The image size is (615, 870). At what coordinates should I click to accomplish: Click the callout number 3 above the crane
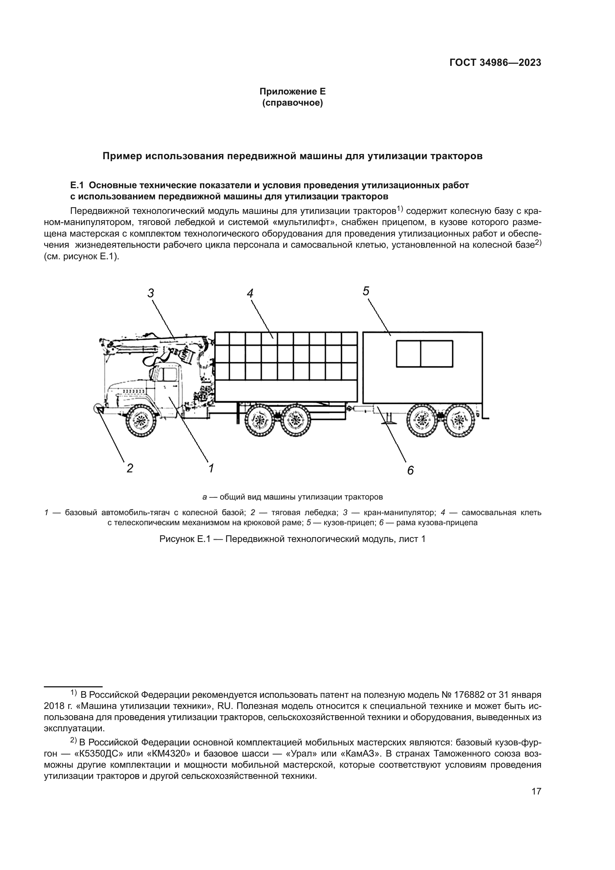click(151, 293)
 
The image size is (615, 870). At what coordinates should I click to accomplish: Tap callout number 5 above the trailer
click(366, 291)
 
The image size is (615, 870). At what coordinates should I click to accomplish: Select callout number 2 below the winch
click(130, 468)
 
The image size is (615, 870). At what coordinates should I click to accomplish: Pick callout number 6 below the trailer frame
click(410, 471)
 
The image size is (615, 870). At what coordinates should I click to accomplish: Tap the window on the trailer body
click(425, 353)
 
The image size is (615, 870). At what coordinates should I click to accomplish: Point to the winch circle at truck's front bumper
click(97, 408)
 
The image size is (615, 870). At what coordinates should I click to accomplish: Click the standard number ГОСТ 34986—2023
click(495, 63)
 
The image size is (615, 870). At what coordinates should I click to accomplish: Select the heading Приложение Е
click(292, 92)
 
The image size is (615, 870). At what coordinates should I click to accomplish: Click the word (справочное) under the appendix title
click(292, 103)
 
